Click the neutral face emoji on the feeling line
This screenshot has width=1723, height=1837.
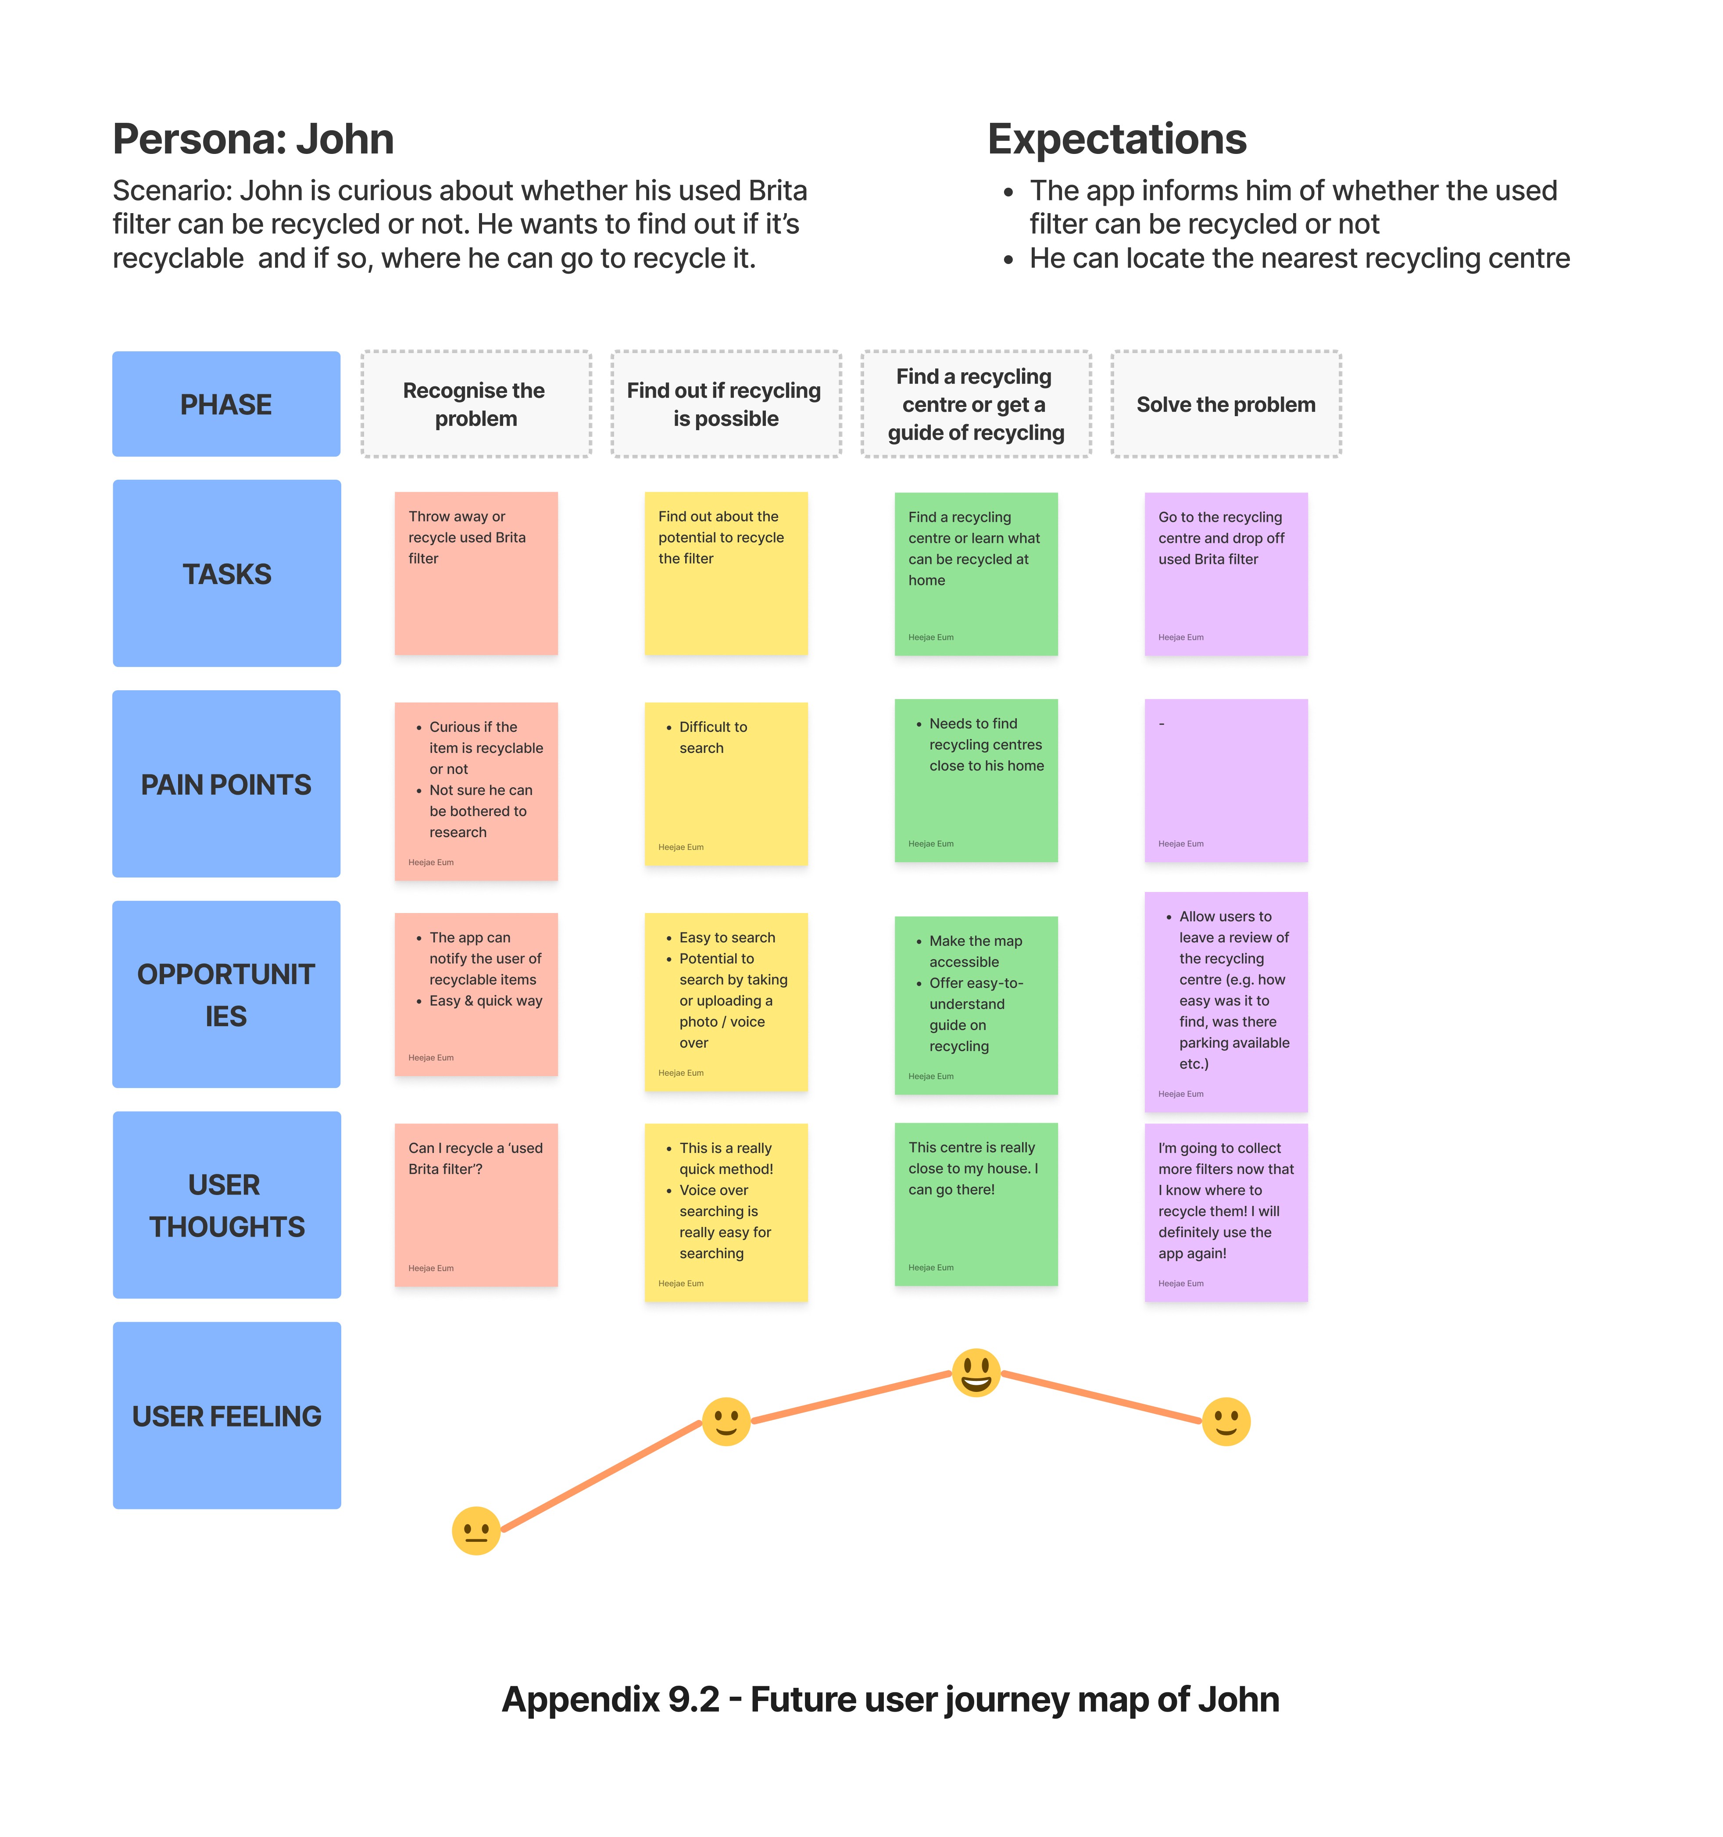[x=476, y=1531]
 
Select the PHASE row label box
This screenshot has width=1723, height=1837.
[x=226, y=404]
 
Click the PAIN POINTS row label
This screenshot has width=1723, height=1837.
[x=226, y=784]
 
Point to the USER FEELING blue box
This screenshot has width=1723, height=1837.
[x=226, y=1416]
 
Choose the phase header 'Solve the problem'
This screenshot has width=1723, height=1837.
[x=1226, y=404]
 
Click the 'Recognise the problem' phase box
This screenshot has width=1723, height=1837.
[x=476, y=404]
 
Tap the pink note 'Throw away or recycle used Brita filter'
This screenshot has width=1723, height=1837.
[x=476, y=573]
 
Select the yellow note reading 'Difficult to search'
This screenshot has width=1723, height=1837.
[x=726, y=784]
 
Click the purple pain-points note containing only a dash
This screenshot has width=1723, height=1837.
[x=1226, y=781]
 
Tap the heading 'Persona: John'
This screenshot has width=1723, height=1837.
[x=253, y=139]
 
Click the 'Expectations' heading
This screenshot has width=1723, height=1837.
[x=1117, y=139]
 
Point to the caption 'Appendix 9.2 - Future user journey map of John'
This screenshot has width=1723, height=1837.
[x=890, y=1699]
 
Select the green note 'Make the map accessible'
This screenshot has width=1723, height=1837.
[x=976, y=1006]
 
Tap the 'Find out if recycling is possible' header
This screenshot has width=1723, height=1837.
[x=726, y=404]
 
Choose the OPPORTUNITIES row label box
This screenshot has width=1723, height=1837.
[x=226, y=994]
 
